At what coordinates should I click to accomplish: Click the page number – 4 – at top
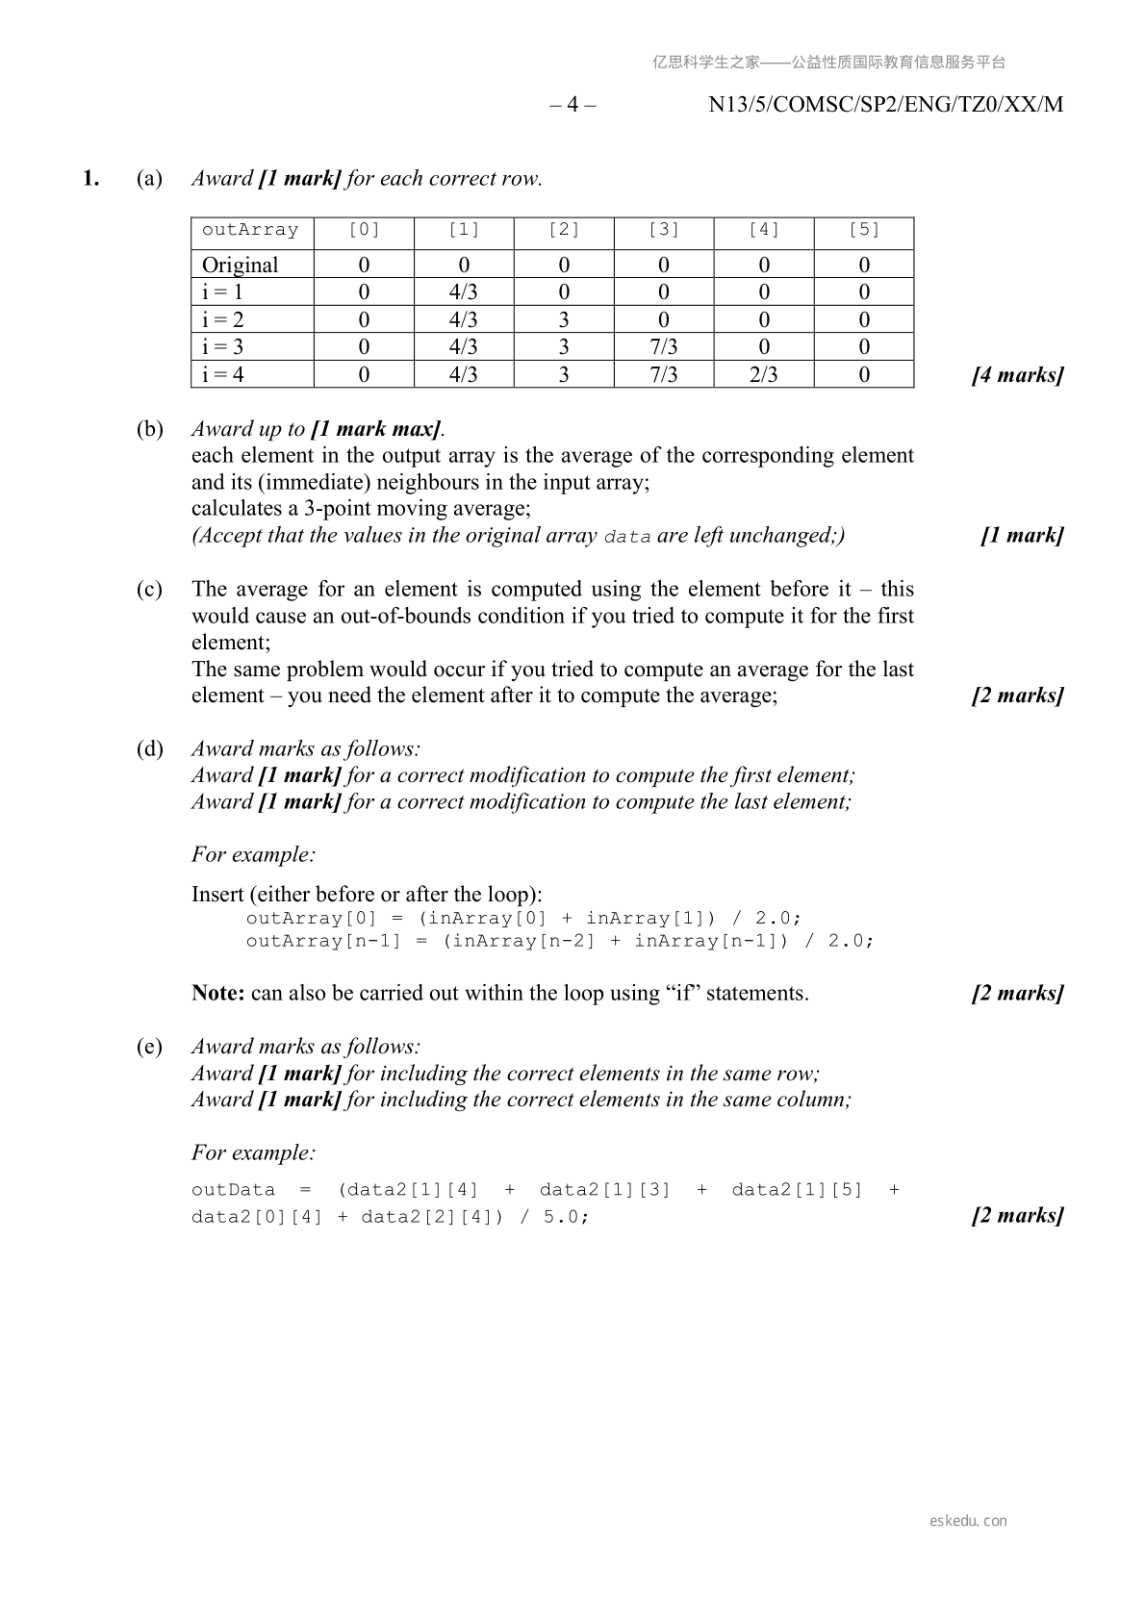(572, 105)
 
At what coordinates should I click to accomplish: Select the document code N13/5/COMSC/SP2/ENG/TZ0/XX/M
(885, 105)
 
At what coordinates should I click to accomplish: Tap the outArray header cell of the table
(250, 230)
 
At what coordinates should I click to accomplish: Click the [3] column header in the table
(664, 230)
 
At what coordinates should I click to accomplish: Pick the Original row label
(240, 266)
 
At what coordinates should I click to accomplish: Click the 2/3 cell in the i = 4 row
(764, 375)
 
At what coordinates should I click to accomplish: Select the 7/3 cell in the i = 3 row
(664, 347)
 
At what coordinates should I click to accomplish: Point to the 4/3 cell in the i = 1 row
(464, 292)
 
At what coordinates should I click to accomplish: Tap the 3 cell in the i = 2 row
(564, 320)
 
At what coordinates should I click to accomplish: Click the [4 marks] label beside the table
(1017, 375)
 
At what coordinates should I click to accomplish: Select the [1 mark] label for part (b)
(1022, 536)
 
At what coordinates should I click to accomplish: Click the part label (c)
(149, 589)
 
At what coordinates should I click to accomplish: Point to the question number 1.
(90, 179)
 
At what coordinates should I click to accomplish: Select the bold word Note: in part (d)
(218, 994)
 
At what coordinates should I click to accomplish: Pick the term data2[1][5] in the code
(797, 1190)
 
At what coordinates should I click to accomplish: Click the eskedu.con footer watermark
(968, 1521)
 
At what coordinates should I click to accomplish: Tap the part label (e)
(149, 1047)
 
